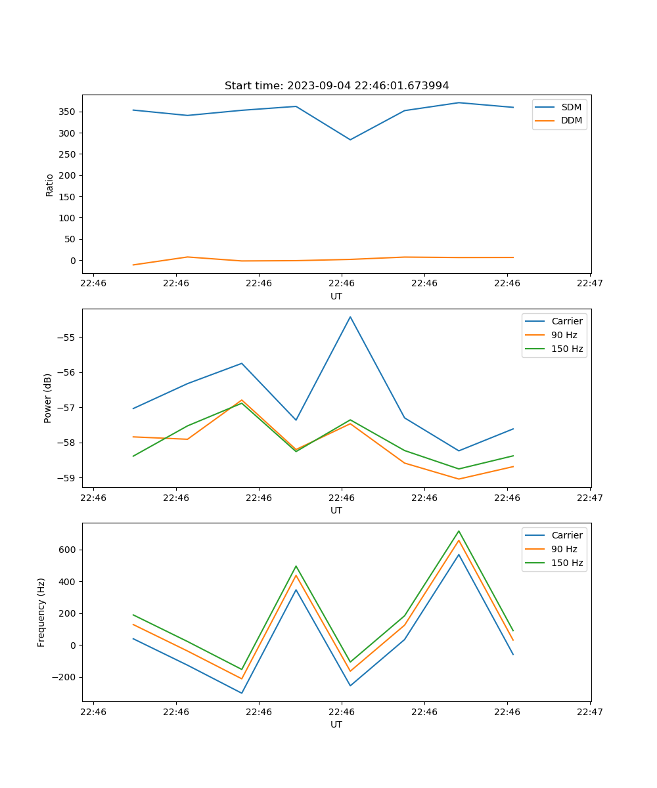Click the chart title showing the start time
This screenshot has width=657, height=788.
point(336,86)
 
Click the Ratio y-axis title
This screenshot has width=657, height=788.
point(50,185)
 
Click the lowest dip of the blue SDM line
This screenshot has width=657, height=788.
point(350,140)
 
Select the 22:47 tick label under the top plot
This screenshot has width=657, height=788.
point(590,284)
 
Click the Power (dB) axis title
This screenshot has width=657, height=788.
point(48,399)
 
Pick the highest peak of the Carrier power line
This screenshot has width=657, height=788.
point(350,317)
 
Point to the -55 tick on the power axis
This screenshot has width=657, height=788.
point(66,338)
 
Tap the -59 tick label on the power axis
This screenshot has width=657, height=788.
point(66,477)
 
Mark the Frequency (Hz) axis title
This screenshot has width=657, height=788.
point(41,612)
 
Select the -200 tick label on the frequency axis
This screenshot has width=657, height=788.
point(64,677)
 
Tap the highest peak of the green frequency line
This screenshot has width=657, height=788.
point(459,531)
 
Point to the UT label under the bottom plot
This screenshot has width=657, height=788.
point(336,724)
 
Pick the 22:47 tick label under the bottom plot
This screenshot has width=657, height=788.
point(590,712)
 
